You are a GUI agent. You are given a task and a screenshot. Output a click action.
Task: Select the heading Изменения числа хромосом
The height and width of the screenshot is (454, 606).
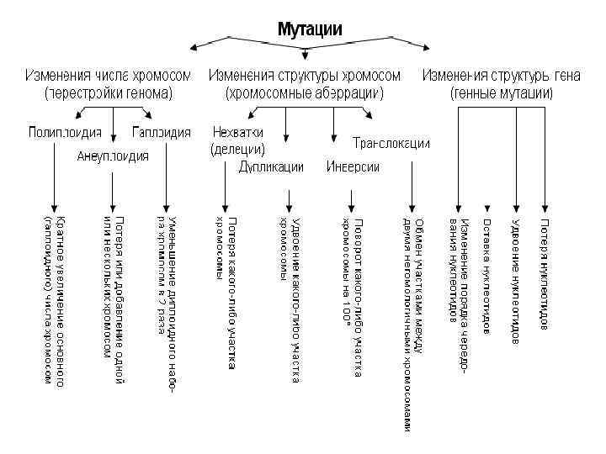[x=108, y=76]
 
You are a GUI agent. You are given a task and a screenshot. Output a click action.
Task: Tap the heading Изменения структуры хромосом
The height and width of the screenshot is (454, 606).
[x=304, y=76]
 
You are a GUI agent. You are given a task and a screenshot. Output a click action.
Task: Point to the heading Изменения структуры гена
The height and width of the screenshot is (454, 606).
[x=502, y=76]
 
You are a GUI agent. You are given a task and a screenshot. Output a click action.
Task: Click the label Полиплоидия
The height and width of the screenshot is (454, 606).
[x=65, y=132]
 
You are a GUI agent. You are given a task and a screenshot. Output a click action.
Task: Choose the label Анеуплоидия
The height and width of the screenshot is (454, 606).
[x=113, y=156]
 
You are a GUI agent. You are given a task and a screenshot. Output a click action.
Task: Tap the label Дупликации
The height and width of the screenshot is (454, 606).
[x=271, y=166]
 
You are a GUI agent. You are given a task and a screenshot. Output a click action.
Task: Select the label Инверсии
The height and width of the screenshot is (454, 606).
[x=353, y=166]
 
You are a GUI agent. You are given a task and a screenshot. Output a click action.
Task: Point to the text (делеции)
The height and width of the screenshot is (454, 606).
[x=237, y=150]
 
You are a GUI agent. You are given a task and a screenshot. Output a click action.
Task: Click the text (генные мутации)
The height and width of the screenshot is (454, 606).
[x=502, y=92]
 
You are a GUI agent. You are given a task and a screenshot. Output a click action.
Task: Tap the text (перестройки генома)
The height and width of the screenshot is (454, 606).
[x=108, y=92]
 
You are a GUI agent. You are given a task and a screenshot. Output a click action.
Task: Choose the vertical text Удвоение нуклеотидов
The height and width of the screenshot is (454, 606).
[x=515, y=282]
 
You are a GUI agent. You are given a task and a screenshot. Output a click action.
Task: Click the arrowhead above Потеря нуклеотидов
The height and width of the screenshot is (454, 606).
[x=545, y=208]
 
